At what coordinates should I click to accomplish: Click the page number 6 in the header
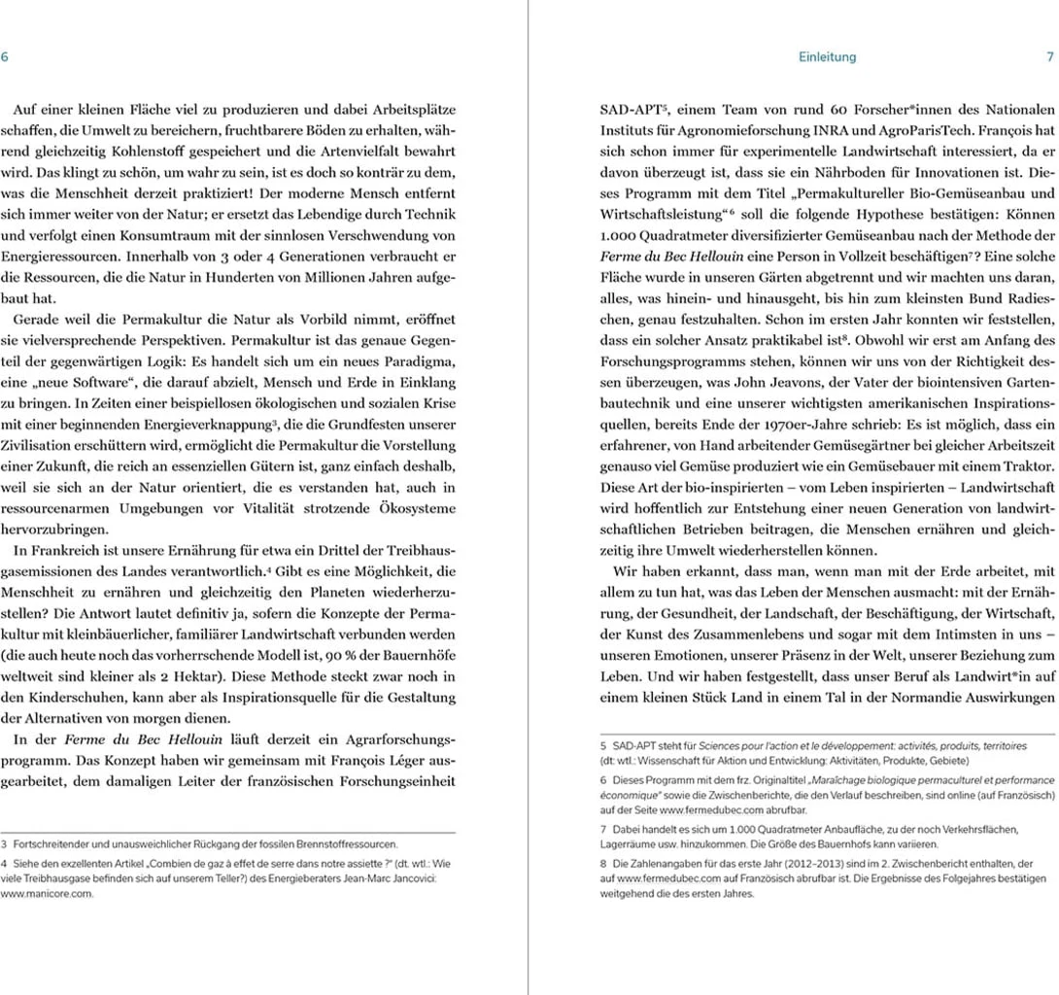click(x=5, y=57)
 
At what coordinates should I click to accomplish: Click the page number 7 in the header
click(x=1049, y=57)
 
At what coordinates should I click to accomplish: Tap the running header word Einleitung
click(x=827, y=57)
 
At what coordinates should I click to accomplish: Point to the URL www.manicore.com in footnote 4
click(x=47, y=894)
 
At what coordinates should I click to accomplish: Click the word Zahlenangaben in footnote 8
click(x=667, y=863)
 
